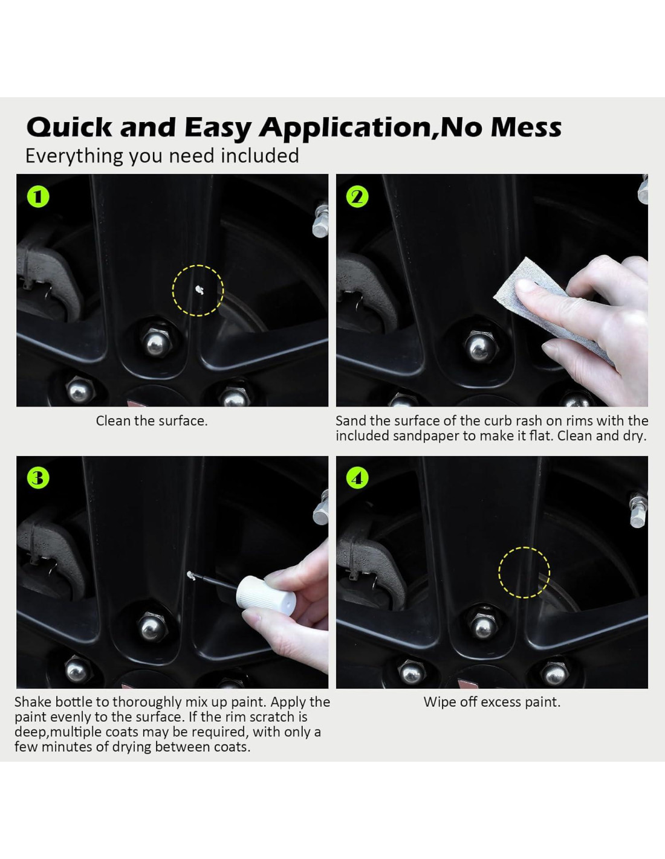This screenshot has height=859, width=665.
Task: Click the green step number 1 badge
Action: point(38,197)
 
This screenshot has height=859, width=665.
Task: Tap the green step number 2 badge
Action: point(357,197)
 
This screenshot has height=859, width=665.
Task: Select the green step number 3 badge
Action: point(38,478)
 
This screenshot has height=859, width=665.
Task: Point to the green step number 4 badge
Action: point(357,478)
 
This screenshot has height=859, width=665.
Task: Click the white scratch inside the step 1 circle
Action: point(199,290)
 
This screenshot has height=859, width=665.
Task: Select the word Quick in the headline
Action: point(70,128)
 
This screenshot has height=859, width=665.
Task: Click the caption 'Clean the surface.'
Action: point(152,421)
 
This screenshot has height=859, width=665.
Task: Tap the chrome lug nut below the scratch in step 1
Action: point(157,343)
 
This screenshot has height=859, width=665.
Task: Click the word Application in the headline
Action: point(345,128)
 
